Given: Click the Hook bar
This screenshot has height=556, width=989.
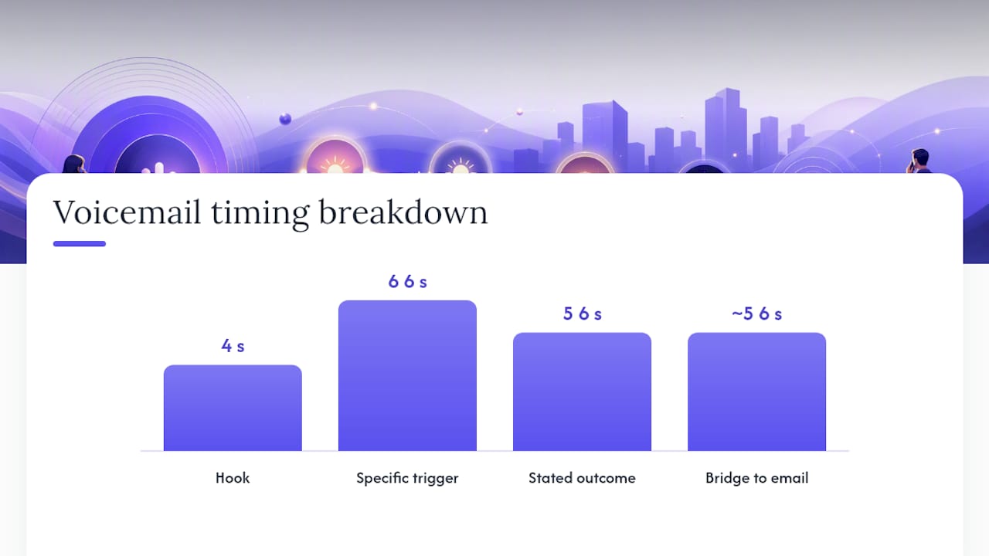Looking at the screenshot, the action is coord(233,408).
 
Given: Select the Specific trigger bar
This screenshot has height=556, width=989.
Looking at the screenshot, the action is coord(407,375).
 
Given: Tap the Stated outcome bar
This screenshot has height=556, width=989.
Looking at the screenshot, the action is coord(582,392).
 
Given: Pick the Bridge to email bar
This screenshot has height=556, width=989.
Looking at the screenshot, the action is coord(756,392).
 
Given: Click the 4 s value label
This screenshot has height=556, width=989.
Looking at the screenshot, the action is coord(233,346).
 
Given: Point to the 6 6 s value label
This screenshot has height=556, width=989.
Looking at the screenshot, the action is coord(407,282).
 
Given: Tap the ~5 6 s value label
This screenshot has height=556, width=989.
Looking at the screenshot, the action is coord(756,314).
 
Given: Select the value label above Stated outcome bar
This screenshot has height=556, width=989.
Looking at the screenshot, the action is coord(582,314).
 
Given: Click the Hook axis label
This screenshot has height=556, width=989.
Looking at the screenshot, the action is coord(233,478).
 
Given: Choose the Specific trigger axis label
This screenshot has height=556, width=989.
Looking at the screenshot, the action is coord(407,478).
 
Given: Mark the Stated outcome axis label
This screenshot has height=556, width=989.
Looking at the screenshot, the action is coord(582,478).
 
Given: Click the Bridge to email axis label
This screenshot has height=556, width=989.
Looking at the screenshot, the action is coord(756,478).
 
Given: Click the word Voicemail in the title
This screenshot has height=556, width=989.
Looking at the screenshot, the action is coord(127,212).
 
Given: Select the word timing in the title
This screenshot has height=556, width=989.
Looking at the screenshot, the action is coord(260,215).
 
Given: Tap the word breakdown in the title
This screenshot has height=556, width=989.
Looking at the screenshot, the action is coord(403,212).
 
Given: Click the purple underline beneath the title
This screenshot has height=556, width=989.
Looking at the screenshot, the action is coord(80,243).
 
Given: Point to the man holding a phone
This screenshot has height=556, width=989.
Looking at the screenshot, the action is coord(919,161).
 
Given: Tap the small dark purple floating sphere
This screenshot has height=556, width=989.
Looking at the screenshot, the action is coord(285,119).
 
